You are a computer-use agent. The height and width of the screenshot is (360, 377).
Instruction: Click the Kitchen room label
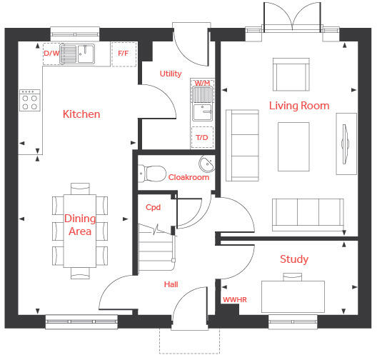[x=81, y=114]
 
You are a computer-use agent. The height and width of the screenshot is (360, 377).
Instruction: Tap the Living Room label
[x=299, y=106]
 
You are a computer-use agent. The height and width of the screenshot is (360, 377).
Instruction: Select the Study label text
[x=294, y=259]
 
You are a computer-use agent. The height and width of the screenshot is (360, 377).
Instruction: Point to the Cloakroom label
[x=188, y=177]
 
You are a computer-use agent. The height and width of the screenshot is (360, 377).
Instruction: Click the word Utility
[x=171, y=74]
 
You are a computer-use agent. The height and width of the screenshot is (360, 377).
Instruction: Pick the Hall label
[x=171, y=284]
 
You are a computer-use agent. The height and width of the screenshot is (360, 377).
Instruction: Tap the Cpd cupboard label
[x=153, y=207]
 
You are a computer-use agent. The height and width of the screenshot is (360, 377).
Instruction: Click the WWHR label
[x=235, y=299]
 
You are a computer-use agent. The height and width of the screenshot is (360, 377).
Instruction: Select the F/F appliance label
[x=123, y=53]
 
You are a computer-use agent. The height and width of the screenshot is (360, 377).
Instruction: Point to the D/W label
[x=51, y=53]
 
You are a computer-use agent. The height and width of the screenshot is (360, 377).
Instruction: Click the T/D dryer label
[x=202, y=138]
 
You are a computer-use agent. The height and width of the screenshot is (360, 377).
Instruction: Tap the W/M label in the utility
[x=202, y=83]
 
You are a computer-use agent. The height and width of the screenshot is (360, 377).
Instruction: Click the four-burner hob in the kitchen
[x=30, y=100]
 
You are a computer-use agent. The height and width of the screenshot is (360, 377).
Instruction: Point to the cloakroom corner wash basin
[x=207, y=164]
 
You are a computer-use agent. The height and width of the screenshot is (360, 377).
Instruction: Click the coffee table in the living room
[x=293, y=146]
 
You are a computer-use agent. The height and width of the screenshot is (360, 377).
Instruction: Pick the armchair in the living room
[x=291, y=74]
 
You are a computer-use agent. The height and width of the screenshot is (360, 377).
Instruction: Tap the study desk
[x=293, y=297]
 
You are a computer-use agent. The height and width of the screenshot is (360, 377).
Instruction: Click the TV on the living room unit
[x=345, y=144]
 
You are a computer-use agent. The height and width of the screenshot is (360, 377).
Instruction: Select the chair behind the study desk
[x=292, y=277]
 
